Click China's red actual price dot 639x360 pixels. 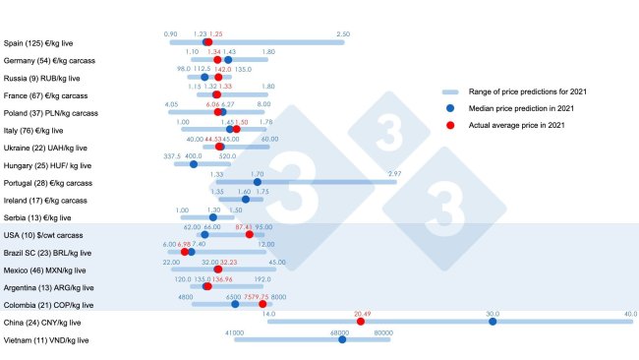[x=361, y=322]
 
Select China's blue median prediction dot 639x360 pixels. [x=493, y=322]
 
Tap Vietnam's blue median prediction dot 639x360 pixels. [x=342, y=339]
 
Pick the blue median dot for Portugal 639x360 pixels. [x=258, y=182]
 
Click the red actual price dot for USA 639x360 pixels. [x=250, y=234]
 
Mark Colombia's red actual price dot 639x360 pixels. [x=262, y=304]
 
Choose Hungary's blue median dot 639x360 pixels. [x=194, y=164]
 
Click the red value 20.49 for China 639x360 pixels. [x=363, y=313]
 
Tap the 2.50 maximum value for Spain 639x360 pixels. [x=342, y=34]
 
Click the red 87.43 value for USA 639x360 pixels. [x=247, y=226]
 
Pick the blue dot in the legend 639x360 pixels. [x=449, y=108]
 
